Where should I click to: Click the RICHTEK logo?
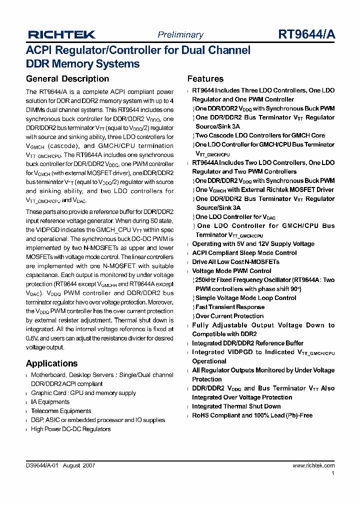[x=61, y=34]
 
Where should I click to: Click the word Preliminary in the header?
[x=180, y=34]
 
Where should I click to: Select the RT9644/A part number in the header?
[x=306, y=34]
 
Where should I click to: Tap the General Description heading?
[x=67, y=79]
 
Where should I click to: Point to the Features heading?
[x=205, y=79]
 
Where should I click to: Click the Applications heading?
[x=51, y=363]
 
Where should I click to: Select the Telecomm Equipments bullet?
[x=61, y=411]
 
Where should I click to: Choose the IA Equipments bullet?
[x=50, y=402]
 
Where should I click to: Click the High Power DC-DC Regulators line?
[x=70, y=429]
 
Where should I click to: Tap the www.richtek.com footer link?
[x=313, y=465]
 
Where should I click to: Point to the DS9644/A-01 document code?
[x=43, y=465]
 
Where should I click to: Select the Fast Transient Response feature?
[x=230, y=307]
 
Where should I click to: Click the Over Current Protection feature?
[x=229, y=316]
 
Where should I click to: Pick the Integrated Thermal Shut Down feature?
[x=236, y=406]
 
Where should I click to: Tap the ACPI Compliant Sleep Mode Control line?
[x=244, y=253]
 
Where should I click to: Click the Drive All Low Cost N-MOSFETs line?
[x=235, y=262]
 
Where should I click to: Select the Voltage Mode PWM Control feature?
[x=231, y=271]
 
